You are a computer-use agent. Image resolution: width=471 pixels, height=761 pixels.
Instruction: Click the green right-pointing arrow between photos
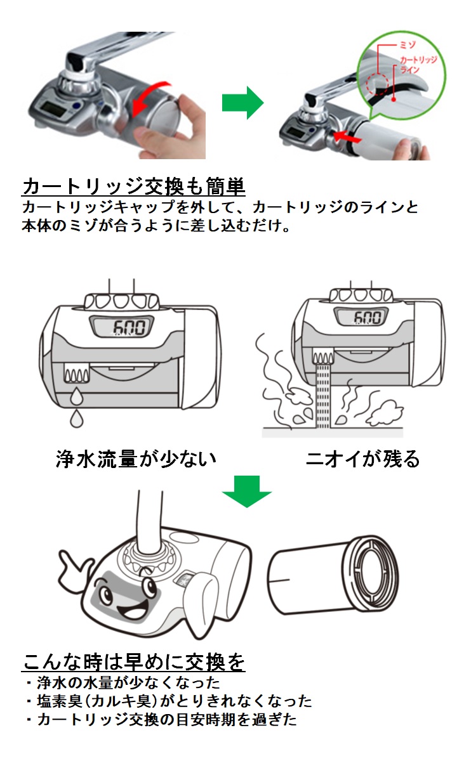242,101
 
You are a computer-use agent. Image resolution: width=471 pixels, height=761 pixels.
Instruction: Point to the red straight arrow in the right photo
347,136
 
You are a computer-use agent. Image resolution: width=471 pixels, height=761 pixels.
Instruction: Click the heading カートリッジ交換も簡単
133,186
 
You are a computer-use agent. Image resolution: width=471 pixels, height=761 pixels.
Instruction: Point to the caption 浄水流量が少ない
136,459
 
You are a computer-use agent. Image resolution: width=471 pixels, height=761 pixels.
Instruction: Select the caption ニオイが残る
362,459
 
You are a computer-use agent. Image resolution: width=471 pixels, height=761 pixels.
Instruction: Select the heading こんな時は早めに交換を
133,661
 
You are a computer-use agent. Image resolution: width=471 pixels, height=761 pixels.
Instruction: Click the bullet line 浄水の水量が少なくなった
124,683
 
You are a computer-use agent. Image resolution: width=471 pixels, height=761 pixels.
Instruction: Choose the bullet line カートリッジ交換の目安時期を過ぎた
162,720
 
